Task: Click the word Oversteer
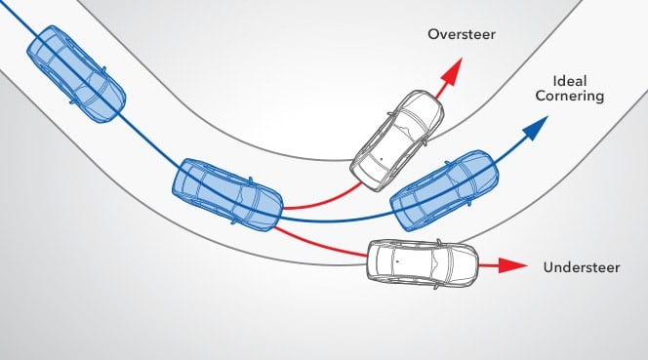[x=462, y=35]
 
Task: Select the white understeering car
[x=422, y=260]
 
